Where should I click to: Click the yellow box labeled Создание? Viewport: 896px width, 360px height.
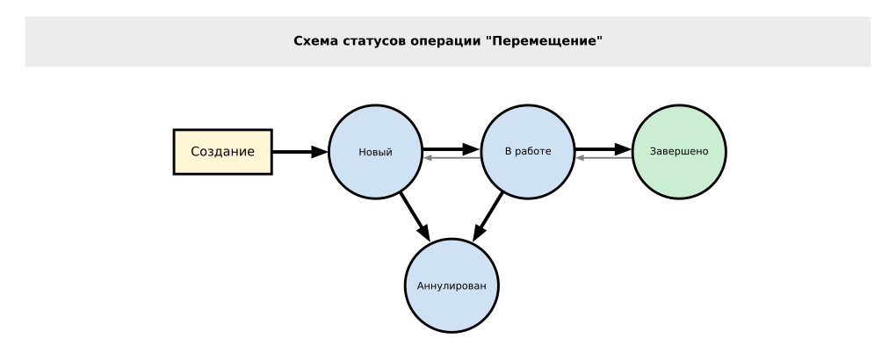tap(222, 152)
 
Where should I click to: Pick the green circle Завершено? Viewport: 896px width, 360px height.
tap(679, 152)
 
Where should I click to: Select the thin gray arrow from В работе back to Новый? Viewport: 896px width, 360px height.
tap(452, 158)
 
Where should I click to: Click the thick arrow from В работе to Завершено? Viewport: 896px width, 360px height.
tap(603, 148)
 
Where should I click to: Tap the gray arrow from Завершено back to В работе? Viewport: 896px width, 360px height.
tap(603, 158)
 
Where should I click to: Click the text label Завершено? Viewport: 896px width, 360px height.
tap(679, 152)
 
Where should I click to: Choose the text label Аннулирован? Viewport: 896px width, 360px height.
tap(452, 286)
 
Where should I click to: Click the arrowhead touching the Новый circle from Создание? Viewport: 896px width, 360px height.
tap(320, 152)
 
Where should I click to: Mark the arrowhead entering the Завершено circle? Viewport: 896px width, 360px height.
tap(625, 148)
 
